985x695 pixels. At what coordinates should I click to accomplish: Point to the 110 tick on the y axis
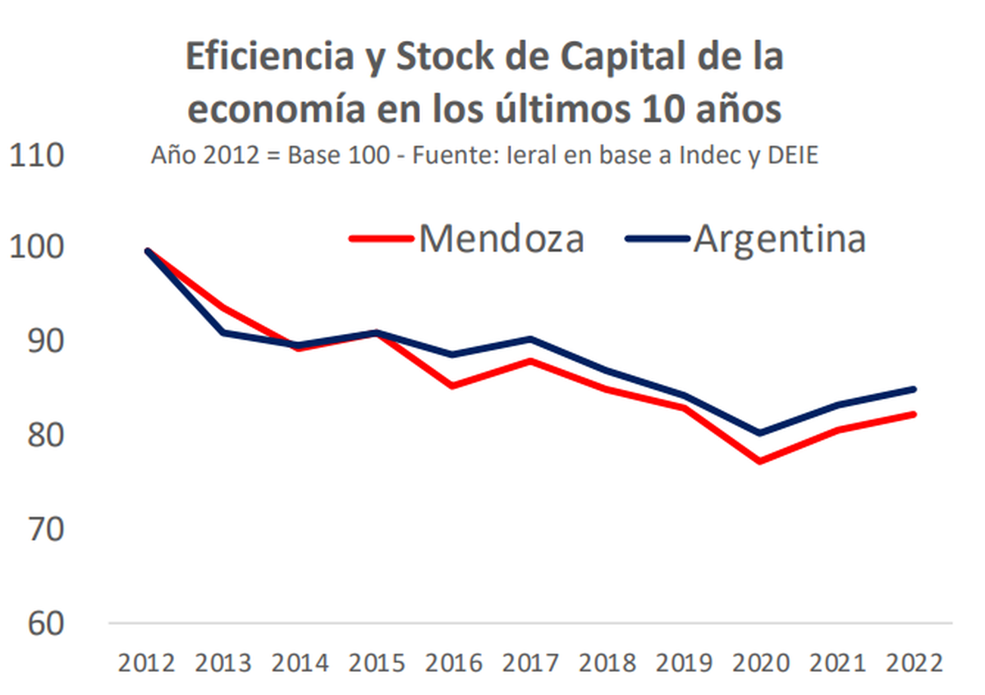(x=37, y=154)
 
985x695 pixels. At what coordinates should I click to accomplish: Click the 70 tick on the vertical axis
(x=37, y=530)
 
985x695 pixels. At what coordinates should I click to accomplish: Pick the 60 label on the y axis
(x=37, y=624)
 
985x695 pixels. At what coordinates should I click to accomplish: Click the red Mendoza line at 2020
(x=760, y=461)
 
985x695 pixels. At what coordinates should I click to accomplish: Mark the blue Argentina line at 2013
(x=223, y=332)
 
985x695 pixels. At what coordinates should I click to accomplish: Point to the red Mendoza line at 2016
(x=453, y=386)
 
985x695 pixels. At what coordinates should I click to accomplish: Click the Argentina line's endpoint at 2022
(x=913, y=389)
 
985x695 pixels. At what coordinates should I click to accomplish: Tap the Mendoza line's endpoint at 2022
(x=913, y=414)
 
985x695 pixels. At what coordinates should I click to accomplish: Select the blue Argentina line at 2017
(x=530, y=338)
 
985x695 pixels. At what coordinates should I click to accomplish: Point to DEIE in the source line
(x=789, y=156)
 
